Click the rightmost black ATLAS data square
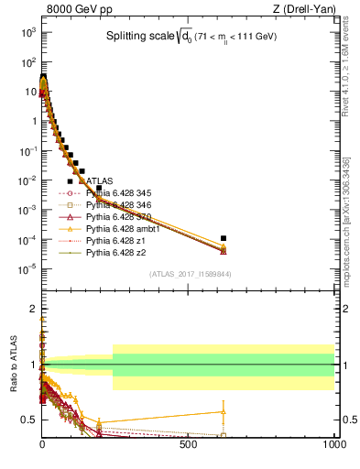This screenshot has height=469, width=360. [224, 238]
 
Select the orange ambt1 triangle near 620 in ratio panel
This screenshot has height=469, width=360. [224, 411]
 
